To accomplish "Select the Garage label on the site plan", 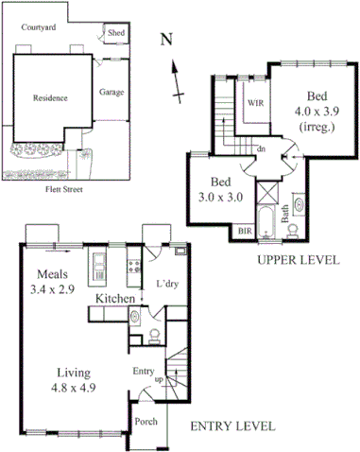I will pos(113,93).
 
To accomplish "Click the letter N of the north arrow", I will pos(166,40).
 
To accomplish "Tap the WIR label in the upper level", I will pos(254,101).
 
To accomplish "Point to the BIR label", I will pos(245,231).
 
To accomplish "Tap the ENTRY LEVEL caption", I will pos(232,426).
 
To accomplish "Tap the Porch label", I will pos(146,422).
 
